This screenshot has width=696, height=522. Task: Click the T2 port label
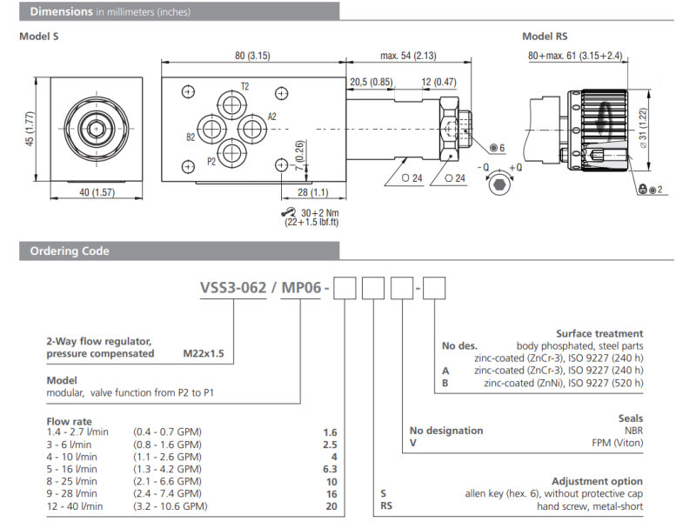[244, 87]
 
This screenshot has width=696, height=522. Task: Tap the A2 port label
[271, 117]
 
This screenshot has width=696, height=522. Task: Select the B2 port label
[190, 137]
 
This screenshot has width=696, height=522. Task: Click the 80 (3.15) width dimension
[252, 56]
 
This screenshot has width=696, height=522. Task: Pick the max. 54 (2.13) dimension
[408, 56]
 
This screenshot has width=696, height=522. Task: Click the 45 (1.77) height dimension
[30, 129]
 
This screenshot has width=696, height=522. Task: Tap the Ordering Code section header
[70, 251]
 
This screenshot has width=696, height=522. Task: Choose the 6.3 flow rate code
[329, 469]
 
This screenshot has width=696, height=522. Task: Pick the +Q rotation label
[517, 167]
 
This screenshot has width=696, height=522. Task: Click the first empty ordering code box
[346, 286]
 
